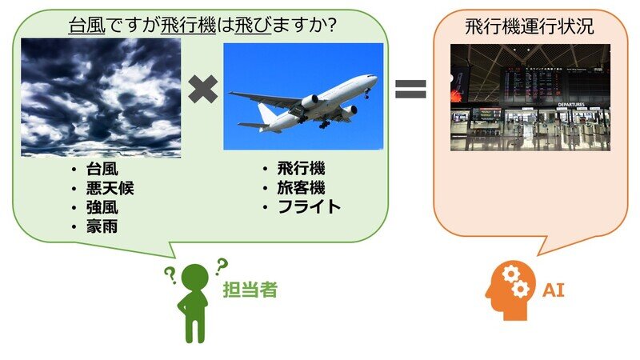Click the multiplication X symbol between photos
click(x=203, y=89)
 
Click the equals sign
click(x=410, y=89)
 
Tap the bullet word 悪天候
click(x=110, y=189)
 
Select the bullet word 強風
click(x=102, y=208)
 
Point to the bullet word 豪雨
click(x=102, y=227)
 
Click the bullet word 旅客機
click(x=302, y=188)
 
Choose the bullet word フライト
click(x=309, y=207)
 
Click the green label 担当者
click(x=250, y=290)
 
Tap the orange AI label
click(x=554, y=290)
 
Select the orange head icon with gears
click(x=510, y=290)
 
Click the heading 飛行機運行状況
click(x=530, y=26)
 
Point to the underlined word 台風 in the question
click(x=86, y=26)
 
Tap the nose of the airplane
click(x=374, y=76)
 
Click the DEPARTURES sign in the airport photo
click(x=571, y=105)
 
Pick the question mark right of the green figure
click(x=222, y=266)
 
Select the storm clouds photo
click(x=101, y=98)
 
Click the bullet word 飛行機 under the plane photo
click(x=302, y=169)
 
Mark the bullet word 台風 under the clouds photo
click(x=102, y=170)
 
